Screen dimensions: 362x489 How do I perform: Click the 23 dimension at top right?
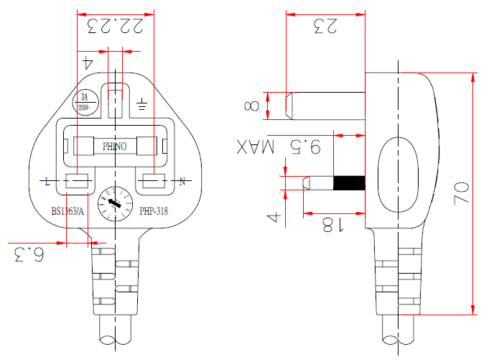325,27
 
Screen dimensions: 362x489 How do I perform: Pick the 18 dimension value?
327,225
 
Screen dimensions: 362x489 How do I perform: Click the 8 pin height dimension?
252,106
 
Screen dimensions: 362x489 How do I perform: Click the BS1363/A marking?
67,211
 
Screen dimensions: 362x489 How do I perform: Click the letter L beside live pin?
47,182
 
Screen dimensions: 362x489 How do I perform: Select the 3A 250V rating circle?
84,101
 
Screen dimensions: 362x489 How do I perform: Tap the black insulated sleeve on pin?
350,182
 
